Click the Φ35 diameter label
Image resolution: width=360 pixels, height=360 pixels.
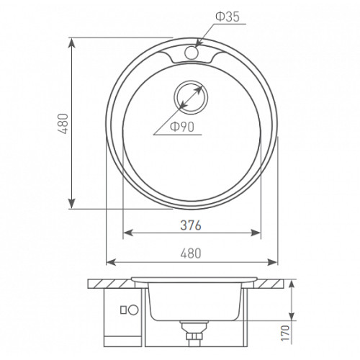[x=228, y=17]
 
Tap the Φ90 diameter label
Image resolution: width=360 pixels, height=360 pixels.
[x=182, y=127]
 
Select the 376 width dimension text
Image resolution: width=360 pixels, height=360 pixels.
[x=191, y=225]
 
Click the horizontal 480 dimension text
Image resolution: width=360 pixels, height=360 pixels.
[x=191, y=253]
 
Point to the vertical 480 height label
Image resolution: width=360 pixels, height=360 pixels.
[x=63, y=124]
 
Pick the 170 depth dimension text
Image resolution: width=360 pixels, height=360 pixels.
[x=285, y=333]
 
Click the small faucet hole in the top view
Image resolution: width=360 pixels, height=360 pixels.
[x=192, y=53]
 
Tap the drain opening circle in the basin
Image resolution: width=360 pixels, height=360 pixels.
[x=191, y=97]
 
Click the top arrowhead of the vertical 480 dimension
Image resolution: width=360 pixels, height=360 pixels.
[x=72, y=43]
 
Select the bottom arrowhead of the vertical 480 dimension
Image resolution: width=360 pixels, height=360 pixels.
[x=72, y=204]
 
